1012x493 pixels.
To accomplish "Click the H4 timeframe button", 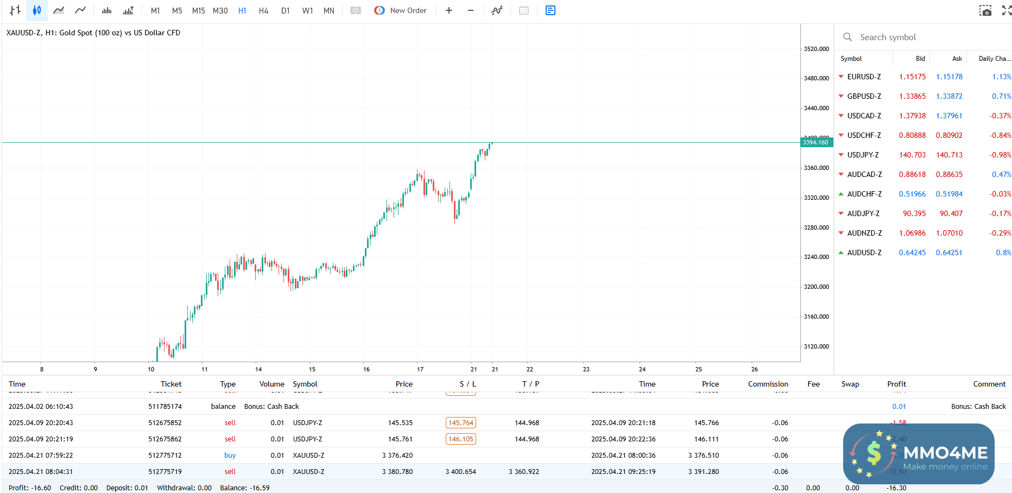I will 263,11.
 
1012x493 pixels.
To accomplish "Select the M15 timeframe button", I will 198,11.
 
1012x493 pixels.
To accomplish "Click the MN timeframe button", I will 328,11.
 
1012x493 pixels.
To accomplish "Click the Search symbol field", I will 923,37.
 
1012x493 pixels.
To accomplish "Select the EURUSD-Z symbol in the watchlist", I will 864,77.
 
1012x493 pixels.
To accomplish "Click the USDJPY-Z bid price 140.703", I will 912,155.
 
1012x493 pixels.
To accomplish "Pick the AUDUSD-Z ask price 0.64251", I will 948,252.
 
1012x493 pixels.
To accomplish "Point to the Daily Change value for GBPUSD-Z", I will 1001,96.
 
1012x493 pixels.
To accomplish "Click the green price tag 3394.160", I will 816,142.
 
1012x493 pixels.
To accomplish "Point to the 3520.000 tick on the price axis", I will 816,49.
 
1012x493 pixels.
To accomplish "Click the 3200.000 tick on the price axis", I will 816,287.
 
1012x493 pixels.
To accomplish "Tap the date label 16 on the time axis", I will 366,369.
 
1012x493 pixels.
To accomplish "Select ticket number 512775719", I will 165,472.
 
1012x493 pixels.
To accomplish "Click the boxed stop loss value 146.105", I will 460,439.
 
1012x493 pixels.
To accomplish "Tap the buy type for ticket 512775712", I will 230,456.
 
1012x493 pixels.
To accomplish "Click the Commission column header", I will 768,384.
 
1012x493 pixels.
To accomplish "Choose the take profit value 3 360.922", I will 523,472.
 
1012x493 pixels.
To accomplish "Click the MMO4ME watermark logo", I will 919,454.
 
